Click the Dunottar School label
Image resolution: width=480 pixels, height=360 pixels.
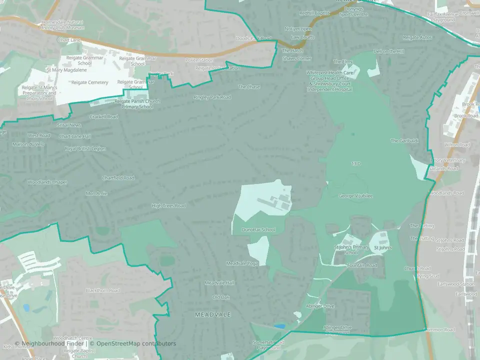pos(258,229)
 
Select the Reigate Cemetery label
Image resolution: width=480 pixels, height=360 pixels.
pos(89,82)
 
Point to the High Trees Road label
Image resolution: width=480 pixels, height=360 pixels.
pos(168,205)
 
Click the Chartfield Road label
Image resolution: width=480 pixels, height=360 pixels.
pos(118,178)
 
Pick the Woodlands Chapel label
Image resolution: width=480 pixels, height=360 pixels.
pos(47,182)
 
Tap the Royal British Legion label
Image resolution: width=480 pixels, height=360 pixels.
pos(85,148)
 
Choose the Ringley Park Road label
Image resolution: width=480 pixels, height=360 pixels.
pos(212,97)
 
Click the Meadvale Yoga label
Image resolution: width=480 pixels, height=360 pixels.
pos(242,263)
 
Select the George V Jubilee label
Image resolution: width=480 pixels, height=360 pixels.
pos(355,195)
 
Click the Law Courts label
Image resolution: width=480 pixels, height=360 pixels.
pos(302,37)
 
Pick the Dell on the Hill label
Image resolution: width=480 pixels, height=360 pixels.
pos(388,51)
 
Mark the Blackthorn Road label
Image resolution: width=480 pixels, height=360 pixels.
pos(102,290)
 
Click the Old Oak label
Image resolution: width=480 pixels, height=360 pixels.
pos(221,297)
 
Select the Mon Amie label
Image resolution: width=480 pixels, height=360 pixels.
pos(96,193)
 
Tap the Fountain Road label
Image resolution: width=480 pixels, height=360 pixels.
pos(361,265)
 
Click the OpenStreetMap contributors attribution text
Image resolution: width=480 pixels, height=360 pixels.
pos(136,343)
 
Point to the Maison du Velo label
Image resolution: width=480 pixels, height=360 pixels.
pos(28,144)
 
